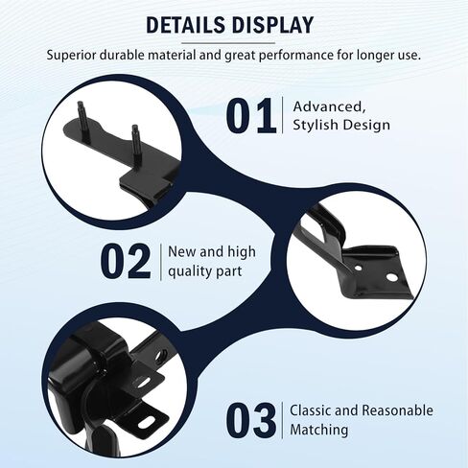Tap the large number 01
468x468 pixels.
pyautogui.click(x=251, y=115)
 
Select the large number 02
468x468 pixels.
pyautogui.click(x=126, y=261)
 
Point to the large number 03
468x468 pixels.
pyautogui.click(x=252, y=420)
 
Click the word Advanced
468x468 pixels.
pyautogui.click(x=327, y=105)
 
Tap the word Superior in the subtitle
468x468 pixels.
pyautogui.click(x=74, y=55)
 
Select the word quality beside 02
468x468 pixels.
pyautogui.click(x=189, y=270)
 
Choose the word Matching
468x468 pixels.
pyautogui.click(x=318, y=430)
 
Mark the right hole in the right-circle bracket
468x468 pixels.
pyautogui.click(x=391, y=278)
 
